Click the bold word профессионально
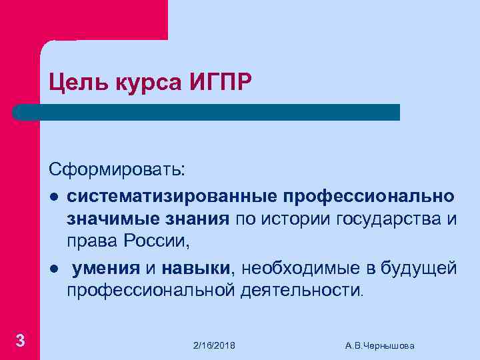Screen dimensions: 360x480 click(370, 197)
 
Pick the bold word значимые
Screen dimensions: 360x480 click(111, 220)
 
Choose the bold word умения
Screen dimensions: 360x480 click(106, 268)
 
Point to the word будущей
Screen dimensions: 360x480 click(419, 268)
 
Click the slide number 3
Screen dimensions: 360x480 click(20, 341)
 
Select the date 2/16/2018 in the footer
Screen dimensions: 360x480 click(214, 345)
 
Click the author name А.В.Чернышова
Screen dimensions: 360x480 click(380, 345)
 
